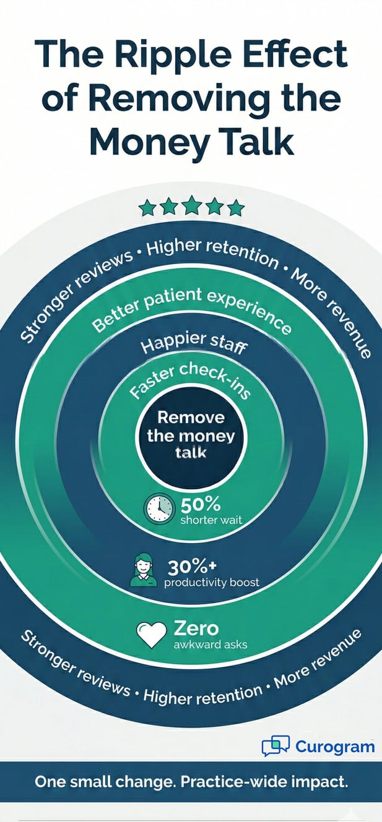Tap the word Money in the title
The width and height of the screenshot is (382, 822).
coord(140,141)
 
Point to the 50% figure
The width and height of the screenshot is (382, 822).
coord(201,503)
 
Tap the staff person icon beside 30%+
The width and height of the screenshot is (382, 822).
coord(143,570)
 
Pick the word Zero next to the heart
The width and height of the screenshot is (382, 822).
coord(196,628)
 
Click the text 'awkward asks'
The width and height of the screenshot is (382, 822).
coord(210,644)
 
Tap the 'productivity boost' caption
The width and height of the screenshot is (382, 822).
coord(211,583)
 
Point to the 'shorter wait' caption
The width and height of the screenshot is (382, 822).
coord(211,520)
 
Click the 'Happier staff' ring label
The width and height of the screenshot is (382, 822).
coord(194,345)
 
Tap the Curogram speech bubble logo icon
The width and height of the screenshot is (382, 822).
coord(275,746)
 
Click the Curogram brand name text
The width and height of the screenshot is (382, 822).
coord(334,747)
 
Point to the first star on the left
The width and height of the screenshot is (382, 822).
coord(147,208)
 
